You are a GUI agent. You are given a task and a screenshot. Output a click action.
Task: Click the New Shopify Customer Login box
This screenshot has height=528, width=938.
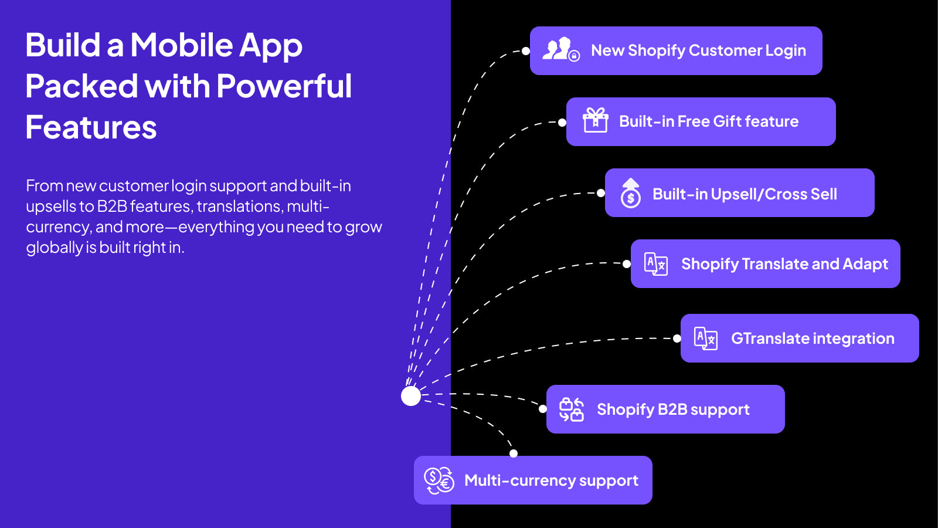point(676,50)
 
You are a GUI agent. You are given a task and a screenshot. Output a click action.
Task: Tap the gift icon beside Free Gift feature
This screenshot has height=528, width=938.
point(596,120)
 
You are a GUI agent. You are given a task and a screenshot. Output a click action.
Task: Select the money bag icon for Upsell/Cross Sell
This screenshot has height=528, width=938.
point(631,193)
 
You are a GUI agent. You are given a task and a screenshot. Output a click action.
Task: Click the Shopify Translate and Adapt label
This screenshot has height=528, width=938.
point(784,264)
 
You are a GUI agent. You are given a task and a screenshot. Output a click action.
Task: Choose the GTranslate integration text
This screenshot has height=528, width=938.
point(813,338)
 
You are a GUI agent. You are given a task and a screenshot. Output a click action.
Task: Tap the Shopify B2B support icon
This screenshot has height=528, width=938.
point(571,409)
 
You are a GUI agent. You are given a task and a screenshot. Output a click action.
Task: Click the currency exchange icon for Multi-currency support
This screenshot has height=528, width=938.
point(439,480)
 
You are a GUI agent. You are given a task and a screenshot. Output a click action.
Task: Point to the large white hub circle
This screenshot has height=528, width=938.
point(411,396)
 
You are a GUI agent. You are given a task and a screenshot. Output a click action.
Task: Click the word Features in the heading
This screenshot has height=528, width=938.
point(91,127)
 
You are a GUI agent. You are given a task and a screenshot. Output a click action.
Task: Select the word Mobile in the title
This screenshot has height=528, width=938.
point(181,45)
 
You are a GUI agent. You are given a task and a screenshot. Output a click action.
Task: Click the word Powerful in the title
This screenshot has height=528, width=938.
point(284,86)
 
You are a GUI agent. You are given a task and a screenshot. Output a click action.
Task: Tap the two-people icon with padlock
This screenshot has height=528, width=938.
point(561,50)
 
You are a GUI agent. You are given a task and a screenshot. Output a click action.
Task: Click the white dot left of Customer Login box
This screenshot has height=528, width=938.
point(525,51)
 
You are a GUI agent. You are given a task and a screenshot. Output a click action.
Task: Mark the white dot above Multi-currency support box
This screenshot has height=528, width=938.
point(514,453)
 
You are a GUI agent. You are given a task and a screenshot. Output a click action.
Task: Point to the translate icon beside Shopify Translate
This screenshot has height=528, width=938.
point(656,264)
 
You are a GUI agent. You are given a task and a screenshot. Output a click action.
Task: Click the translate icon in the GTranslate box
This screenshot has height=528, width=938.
point(706,338)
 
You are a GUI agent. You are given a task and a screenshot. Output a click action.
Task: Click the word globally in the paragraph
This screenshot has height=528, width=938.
point(55,248)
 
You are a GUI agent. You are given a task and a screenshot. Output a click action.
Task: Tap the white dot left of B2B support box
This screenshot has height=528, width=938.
point(543,409)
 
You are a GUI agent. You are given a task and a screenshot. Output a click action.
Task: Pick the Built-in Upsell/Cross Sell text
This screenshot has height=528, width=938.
point(745,194)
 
